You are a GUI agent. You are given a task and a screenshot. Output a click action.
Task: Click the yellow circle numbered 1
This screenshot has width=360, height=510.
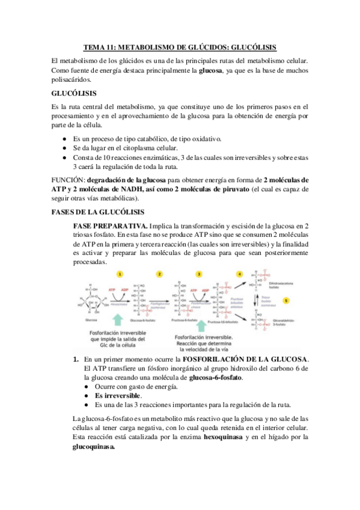point(120,273)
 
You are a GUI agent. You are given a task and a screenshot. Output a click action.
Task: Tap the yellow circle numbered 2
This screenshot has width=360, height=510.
point(159,273)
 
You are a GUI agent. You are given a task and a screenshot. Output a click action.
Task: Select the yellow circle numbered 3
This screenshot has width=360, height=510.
point(200,273)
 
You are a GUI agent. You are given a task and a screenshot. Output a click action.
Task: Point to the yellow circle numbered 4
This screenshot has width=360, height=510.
point(239,273)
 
